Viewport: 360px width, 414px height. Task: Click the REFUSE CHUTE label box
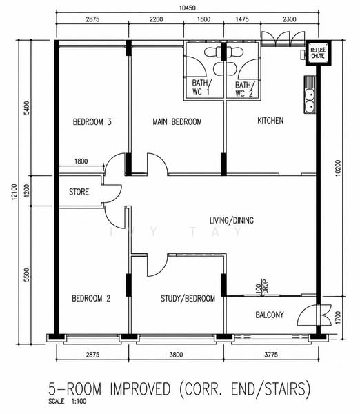point(319,53)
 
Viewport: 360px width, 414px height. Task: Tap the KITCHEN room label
point(270,121)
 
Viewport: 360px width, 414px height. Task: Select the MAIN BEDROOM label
point(177,121)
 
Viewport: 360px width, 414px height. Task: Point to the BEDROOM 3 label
point(92,122)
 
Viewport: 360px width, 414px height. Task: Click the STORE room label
point(79,192)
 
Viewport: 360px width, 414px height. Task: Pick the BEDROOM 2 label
point(91,298)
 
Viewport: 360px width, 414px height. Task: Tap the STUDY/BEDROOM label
point(188,299)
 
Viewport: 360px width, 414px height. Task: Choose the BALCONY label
point(270,315)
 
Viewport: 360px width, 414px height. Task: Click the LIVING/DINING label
point(232,220)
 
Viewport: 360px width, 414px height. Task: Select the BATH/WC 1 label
point(201,87)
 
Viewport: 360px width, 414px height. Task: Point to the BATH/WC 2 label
point(245,89)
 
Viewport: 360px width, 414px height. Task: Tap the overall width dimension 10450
point(188,8)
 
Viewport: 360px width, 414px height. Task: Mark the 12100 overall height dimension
point(14,193)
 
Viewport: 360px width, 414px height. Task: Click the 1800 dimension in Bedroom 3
point(81,161)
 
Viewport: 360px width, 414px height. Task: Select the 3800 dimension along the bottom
point(176,355)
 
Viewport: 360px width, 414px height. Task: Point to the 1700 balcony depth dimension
point(338,317)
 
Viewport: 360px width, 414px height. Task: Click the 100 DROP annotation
point(262,286)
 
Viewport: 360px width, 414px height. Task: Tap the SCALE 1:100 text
point(68,402)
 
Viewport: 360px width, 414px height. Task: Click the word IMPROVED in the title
point(141,388)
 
